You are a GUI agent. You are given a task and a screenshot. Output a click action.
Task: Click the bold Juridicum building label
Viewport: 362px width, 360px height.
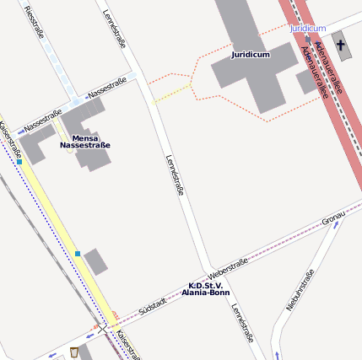click(x=251, y=55)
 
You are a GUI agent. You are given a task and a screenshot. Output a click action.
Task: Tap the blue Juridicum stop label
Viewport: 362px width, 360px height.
click(x=307, y=28)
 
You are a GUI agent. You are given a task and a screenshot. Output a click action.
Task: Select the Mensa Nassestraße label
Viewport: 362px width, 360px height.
click(x=85, y=142)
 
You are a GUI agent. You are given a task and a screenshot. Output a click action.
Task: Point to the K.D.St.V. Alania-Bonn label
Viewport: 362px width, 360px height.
click(x=206, y=288)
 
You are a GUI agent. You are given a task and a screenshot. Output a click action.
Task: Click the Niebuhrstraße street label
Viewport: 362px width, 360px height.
click(x=300, y=289)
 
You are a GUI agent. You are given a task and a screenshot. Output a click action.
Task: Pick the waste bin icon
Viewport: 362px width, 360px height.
click(x=74, y=351)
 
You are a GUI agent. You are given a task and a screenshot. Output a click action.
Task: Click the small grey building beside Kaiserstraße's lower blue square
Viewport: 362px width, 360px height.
click(x=95, y=261)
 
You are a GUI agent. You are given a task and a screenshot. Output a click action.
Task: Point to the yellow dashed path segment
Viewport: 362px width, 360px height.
click(x=173, y=91)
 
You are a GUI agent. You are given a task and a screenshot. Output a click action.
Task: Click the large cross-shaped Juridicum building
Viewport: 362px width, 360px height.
click(x=253, y=76)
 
